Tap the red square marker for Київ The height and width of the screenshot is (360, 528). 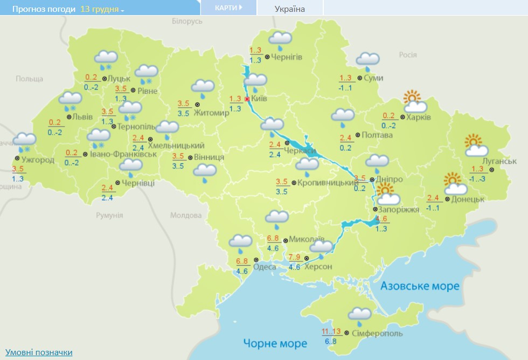click(x=247, y=99)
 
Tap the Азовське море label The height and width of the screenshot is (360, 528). click(x=420, y=286)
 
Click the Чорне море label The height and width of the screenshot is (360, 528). click(x=275, y=343)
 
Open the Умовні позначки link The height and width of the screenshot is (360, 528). click(x=39, y=352)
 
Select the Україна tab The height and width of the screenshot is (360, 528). click(x=289, y=9)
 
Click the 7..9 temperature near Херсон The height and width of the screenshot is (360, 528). click(x=294, y=257)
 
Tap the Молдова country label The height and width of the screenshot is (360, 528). click(x=185, y=216)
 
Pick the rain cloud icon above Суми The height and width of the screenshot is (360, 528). click(x=367, y=61)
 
